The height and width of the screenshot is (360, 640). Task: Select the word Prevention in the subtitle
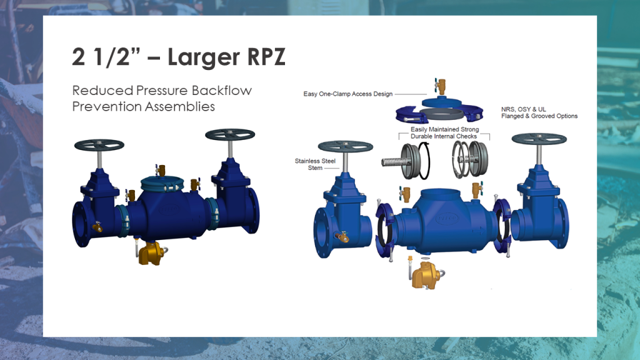[x=106, y=106]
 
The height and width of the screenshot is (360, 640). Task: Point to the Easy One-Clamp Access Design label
[x=348, y=94]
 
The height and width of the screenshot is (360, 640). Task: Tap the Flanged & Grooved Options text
[x=539, y=116]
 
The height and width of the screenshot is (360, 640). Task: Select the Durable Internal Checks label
[x=444, y=136]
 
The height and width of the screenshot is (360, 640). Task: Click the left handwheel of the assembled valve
[x=99, y=144]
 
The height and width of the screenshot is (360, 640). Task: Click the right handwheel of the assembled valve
[x=231, y=134]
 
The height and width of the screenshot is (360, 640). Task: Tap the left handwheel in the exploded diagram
[x=346, y=146]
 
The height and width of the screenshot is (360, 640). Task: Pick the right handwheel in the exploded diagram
[x=539, y=138]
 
